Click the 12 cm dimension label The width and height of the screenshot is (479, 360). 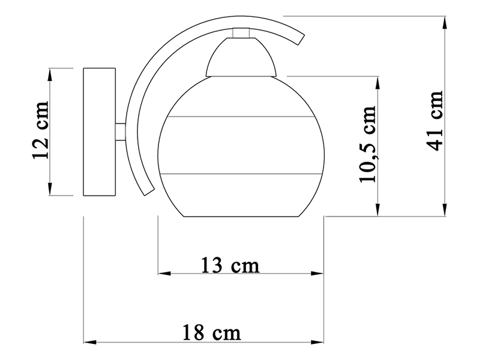pyautogui.click(x=40, y=130)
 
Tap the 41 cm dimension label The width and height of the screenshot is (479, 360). pyautogui.click(x=434, y=121)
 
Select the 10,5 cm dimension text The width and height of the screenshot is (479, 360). pyautogui.click(x=367, y=145)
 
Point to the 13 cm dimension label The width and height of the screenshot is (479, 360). pyautogui.click(x=230, y=265)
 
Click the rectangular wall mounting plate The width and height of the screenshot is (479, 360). pyautogui.click(x=99, y=131)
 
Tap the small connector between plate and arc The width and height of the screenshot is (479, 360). pyautogui.click(x=121, y=132)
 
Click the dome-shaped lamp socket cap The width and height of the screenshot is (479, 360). pyautogui.click(x=241, y=57)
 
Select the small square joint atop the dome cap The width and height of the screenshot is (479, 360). pyautogui.click(x=241, y=32)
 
